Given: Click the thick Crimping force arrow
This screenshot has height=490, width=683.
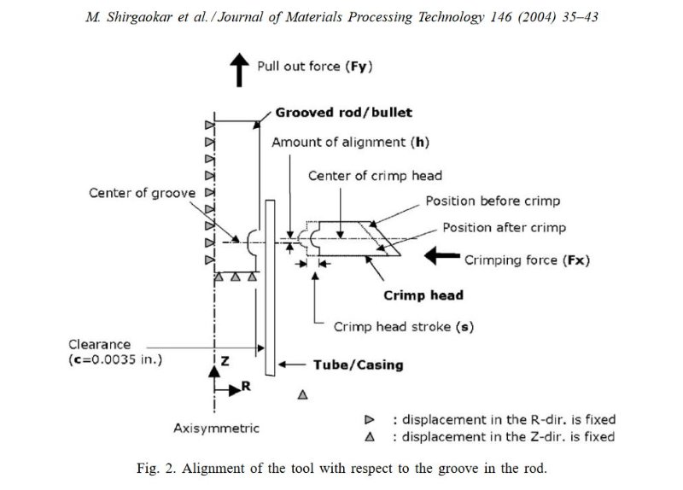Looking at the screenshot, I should click(441, 254).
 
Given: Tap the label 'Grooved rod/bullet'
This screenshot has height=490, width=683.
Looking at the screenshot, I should click(343, 113).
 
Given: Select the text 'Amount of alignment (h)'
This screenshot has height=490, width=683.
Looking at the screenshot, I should click(350, 142).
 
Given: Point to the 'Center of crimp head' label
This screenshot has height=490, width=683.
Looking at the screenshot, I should click(375, 176).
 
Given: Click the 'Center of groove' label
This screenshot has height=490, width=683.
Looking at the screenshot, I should click(142, 193).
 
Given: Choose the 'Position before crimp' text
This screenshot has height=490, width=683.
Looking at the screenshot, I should click(493, 201).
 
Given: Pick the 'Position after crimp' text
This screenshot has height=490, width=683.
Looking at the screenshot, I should click(504, 228).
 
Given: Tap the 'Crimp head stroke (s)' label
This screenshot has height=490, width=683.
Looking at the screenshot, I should click(403, 327).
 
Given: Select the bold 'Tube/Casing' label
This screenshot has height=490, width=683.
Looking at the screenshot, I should click(358, 365).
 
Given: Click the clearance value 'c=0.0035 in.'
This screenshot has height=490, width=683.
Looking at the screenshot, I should click(117, 359).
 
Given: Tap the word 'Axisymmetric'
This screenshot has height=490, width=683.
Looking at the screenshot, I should click(216, 428).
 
